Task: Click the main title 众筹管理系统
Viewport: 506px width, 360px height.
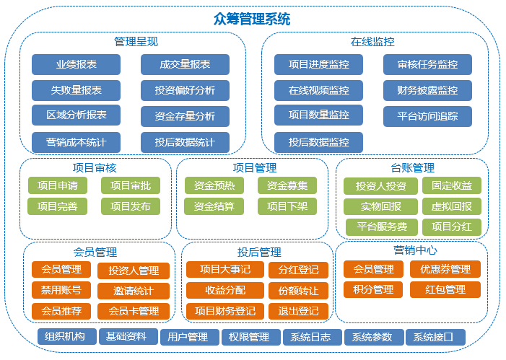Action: coord(252,19)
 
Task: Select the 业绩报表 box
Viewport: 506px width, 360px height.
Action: coord(77,64)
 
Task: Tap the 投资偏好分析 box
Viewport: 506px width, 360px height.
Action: coord(185,90)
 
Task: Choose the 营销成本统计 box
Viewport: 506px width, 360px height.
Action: coord(77,142)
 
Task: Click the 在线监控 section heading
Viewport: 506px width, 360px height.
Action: coord(372,42)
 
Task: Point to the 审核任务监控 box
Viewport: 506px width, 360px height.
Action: coord(427,64)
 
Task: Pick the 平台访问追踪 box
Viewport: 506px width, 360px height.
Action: coord(427,116)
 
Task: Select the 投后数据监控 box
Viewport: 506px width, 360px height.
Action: coord(318,142)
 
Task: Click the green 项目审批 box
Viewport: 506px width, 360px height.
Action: coord(131,185)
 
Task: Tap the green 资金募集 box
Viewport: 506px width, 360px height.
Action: coord(287,185)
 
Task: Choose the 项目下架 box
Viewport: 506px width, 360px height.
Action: coord(287,206)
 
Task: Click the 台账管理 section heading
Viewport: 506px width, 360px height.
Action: coord(412,168)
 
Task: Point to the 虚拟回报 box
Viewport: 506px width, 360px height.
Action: coord(452,206)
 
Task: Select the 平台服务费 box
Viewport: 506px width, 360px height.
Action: coord(382,227)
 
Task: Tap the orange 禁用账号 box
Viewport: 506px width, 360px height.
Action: coord(61,290)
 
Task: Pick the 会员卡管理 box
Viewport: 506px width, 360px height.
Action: coord(134,311)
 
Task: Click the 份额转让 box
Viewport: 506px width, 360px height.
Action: coord(299,291)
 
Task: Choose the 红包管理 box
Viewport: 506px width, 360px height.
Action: coord(445,289)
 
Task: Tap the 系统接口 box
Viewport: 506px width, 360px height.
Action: coord(436,337)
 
